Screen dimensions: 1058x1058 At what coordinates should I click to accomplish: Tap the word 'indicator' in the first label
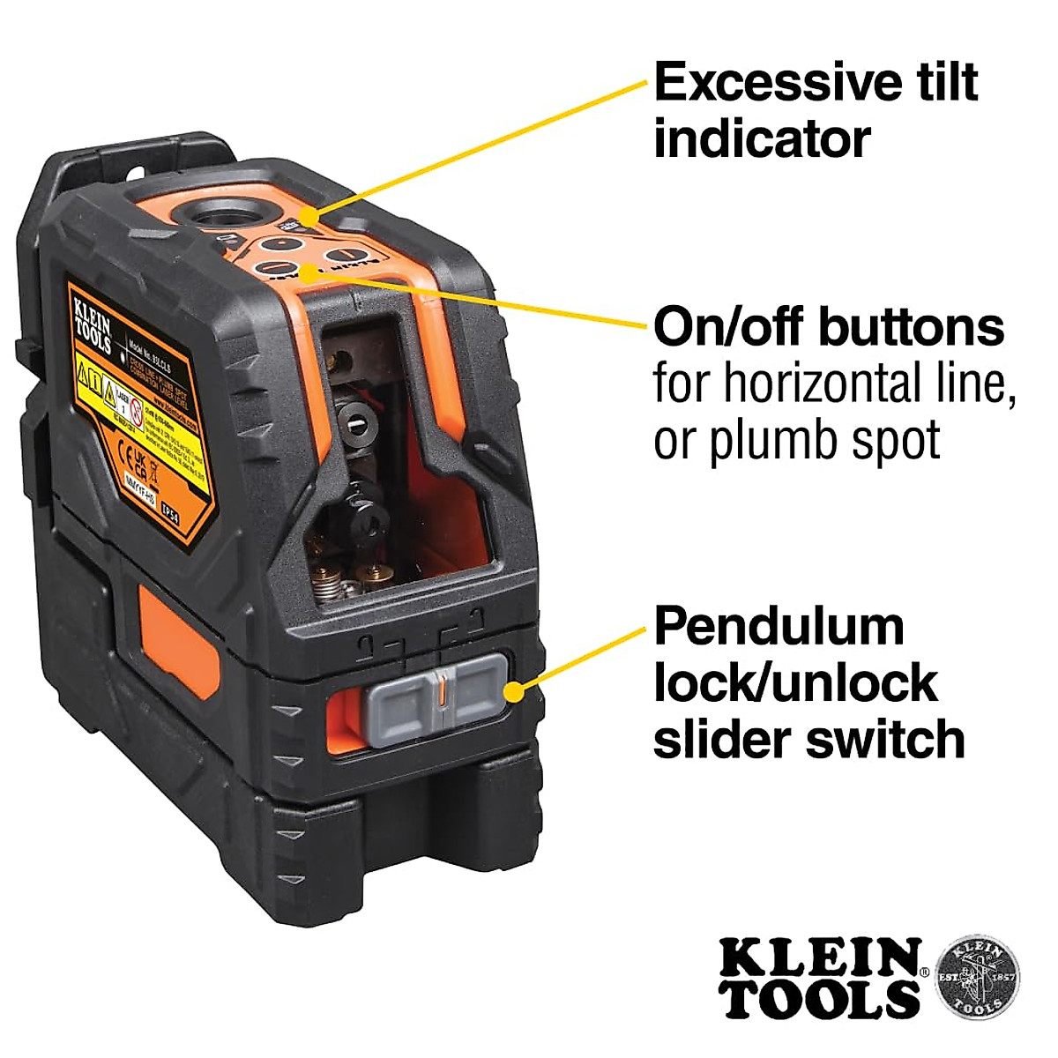point(762,139)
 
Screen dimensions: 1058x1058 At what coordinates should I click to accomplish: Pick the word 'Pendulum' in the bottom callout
point(779,627)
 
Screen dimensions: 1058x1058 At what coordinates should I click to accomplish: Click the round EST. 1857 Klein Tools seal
point(976,977)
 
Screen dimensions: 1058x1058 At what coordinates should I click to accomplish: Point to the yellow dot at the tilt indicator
point(307,217)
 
